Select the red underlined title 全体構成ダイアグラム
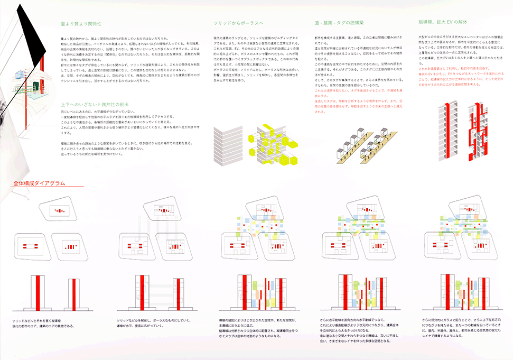point(36,183)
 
